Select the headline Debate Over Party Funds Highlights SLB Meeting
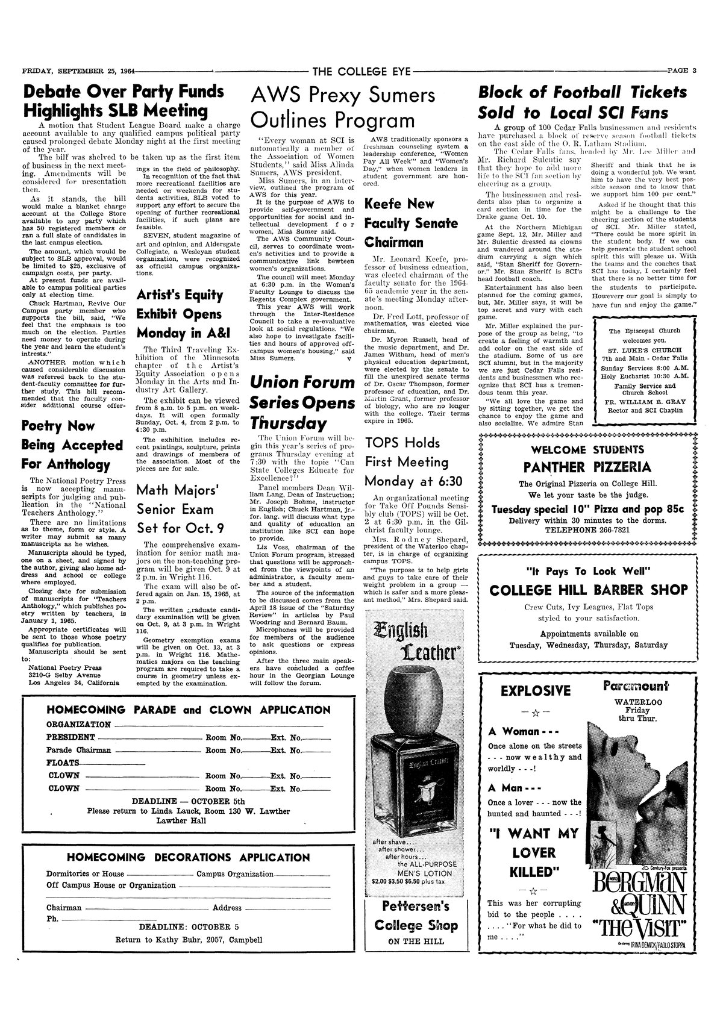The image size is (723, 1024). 124,102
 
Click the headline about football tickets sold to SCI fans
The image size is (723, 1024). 582,102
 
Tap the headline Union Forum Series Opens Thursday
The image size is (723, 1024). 302,401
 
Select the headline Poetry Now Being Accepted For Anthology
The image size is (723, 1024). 72,445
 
